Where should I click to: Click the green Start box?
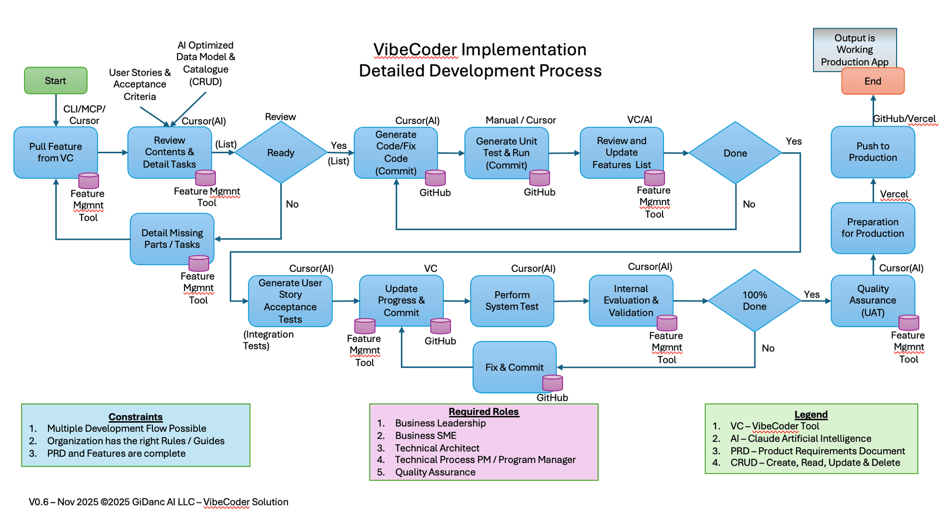[x=55, y=81]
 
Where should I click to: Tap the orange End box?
[x=872, y=81]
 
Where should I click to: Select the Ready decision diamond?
[x=281, y=153]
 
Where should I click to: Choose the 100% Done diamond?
[x=754, y=300]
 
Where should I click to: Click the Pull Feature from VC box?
[x=55, y=152]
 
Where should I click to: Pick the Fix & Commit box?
[x=514, y=367]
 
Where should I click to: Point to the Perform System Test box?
[x=512, y=300]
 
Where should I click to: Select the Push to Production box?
[x=872, y=152]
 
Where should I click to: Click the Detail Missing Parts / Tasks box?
[x=172, y=239]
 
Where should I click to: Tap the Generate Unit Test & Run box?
[x=506, y=153]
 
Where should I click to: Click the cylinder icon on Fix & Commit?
[x=552, y=383]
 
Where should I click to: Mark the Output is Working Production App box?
[x=855, y=49]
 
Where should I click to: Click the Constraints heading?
[x=136, y=417]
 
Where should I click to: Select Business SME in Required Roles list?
[x=426, y=435]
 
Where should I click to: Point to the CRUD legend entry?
[x=815, y=463]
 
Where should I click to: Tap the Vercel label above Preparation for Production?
[x=894, y=194]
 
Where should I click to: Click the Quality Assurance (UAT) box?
[x=872, y=300]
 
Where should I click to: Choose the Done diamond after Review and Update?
[x=735, y=153]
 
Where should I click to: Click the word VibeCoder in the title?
[x=415, y=49]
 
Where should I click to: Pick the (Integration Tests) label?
[x=268, y=340]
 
